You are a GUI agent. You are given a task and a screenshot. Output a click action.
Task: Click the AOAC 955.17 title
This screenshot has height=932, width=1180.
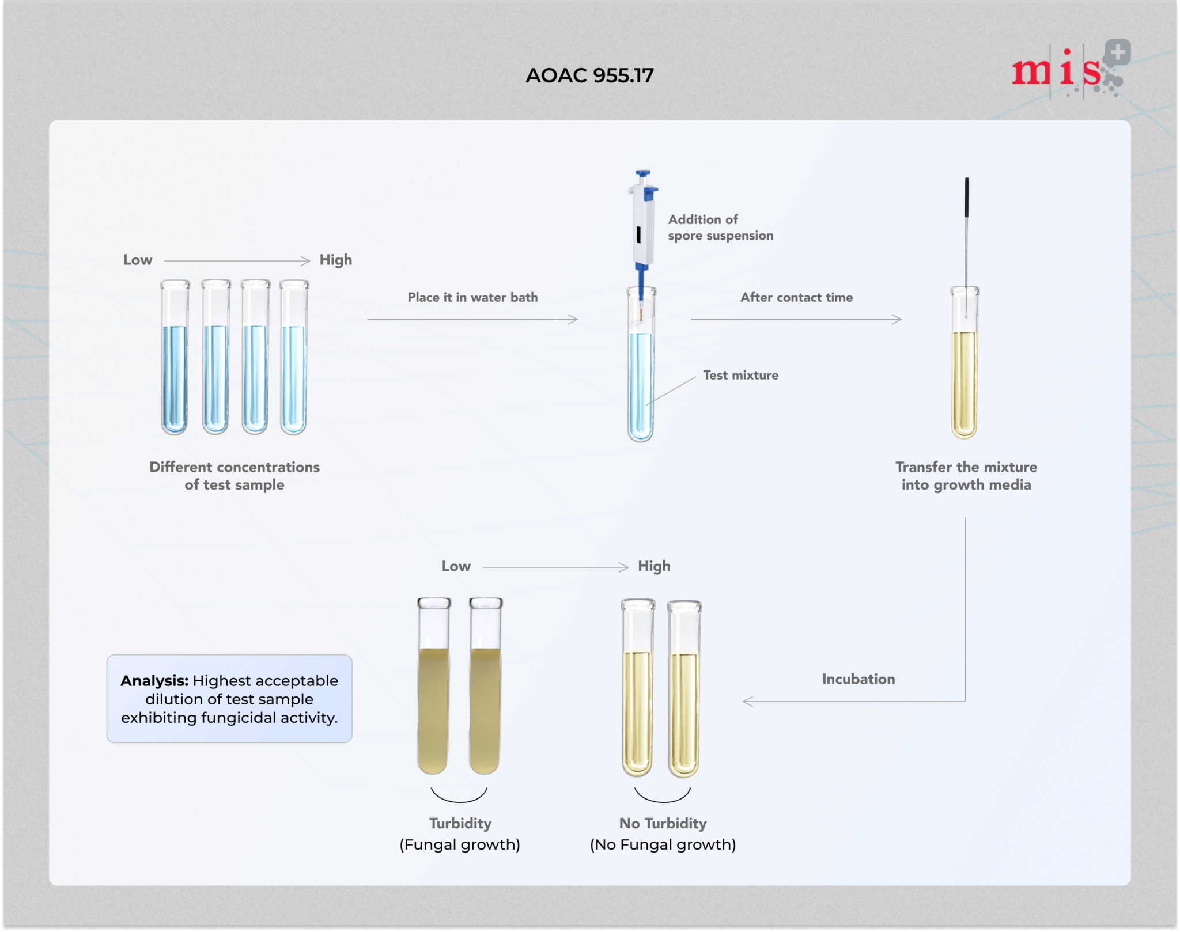589,75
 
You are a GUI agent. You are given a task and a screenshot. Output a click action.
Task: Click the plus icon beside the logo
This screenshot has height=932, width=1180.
1118,53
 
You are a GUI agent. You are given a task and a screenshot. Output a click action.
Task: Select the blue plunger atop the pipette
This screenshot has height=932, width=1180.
642,174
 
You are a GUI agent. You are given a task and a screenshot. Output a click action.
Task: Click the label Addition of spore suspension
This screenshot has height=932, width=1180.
720,228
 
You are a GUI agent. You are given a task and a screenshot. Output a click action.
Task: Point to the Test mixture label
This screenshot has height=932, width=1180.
740,375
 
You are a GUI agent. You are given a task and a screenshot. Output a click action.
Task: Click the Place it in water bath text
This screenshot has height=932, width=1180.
472,297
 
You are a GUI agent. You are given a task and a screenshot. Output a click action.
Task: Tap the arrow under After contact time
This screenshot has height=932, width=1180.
796,319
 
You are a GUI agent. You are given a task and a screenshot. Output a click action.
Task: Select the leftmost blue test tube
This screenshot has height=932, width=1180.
175,357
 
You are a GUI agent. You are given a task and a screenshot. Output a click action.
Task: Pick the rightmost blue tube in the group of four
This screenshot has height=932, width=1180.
294,357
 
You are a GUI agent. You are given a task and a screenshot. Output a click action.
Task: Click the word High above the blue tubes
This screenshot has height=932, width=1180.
335,260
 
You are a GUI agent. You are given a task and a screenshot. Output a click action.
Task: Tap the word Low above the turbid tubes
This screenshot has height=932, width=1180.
456,566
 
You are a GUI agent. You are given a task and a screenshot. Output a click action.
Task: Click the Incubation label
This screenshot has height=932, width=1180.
858,679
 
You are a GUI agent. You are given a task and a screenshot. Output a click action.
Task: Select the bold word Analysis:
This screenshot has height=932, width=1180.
154,680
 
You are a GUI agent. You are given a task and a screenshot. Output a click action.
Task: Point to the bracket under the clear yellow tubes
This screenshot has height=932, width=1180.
663,797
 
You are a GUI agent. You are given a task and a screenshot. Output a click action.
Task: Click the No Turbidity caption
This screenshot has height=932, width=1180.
663,823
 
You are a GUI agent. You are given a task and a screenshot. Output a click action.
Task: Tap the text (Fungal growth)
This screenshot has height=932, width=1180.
460,844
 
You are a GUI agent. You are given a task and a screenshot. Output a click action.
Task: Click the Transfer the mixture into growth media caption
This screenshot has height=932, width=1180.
966,476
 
